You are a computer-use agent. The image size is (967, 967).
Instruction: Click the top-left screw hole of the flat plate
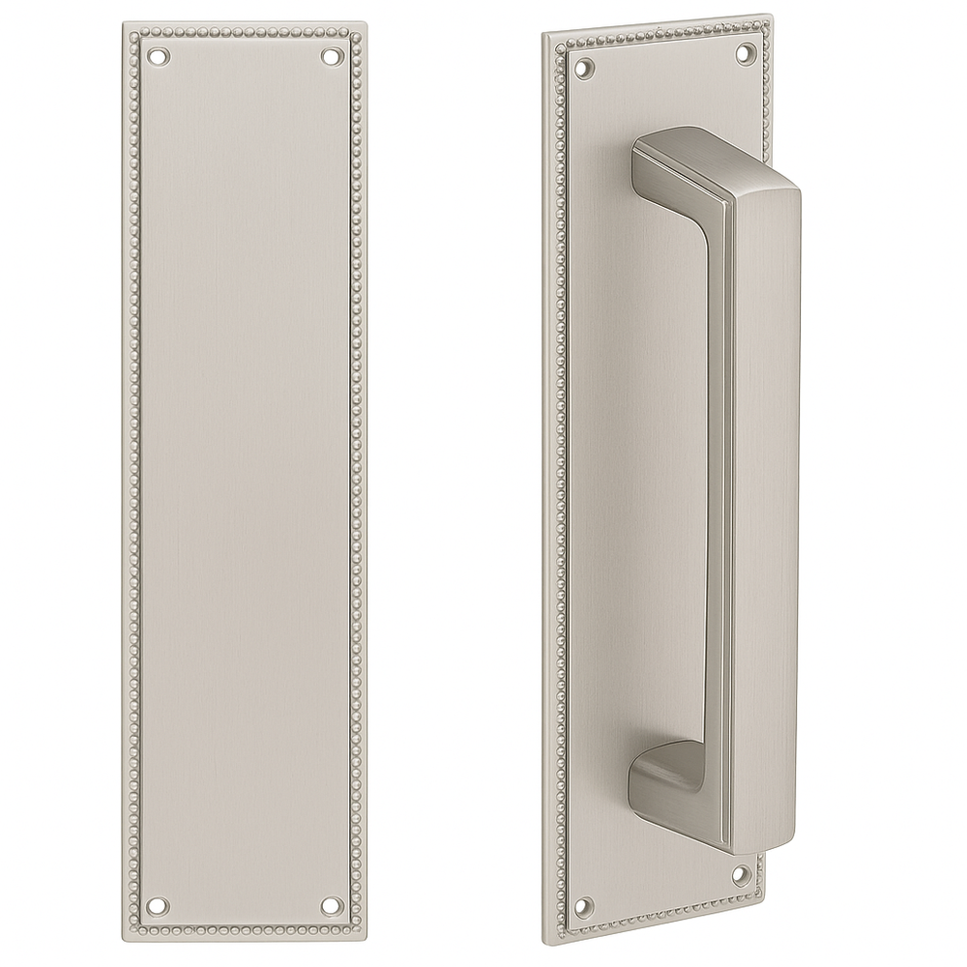click(157, 56)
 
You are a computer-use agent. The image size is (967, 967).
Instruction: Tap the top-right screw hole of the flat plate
click(334, 56)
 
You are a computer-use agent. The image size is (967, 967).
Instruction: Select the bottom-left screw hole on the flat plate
click(157, 907)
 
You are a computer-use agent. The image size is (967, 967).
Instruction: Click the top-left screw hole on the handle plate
click(584, 68)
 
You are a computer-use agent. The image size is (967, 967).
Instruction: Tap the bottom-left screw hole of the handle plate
click(582, 907)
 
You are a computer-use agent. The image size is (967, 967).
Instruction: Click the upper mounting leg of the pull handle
click(667, 160)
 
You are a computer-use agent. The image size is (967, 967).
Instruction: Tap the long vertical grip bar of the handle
click(764, 483)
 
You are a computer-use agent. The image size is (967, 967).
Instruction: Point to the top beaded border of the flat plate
click(245, 38)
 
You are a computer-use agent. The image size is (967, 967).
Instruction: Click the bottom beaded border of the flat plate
click(245, 925)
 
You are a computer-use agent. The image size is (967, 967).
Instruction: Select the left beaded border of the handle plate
click(560, 483)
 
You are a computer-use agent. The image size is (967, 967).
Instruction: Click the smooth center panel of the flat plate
click(245, 483)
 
